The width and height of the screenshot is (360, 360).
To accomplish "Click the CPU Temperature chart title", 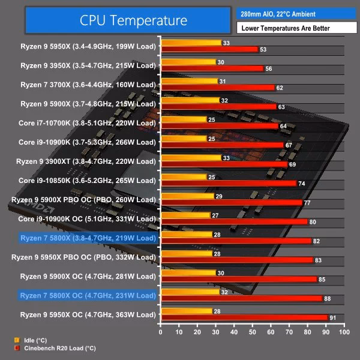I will point(133,20).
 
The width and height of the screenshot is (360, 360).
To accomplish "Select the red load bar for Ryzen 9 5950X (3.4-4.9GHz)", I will point(209,49).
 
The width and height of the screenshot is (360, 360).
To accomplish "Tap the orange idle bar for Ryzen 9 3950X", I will point(188,62).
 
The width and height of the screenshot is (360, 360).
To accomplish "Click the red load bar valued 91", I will point(244,317).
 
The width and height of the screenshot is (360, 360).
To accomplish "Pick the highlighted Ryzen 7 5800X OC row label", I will point(88,295).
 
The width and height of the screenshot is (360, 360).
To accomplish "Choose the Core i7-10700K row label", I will point(88,123).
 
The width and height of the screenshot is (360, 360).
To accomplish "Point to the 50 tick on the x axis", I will point(252,332).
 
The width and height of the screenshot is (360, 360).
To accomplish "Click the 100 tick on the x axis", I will point(344,332).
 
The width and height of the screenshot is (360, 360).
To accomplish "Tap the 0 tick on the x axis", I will point(160,332).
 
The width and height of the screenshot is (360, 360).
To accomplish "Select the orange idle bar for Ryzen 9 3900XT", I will point(190,158).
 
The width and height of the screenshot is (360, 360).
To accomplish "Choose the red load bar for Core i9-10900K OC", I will point(233,222).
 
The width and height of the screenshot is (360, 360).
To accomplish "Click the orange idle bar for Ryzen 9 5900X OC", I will point(188,273).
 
